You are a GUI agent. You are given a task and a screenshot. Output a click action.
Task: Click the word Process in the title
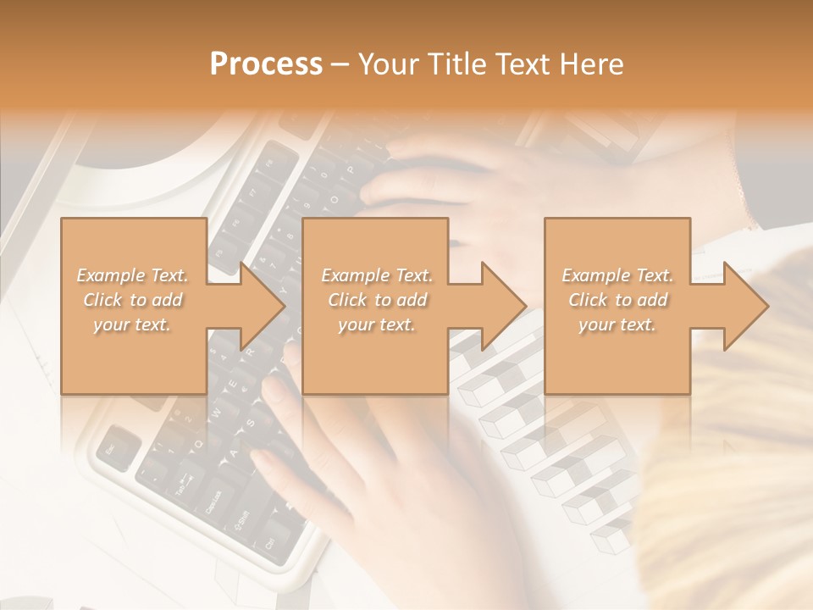tap(266, 64)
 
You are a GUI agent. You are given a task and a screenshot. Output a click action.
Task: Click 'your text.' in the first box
tap(132, 324)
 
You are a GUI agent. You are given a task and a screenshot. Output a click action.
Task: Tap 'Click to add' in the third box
tap(617, 300)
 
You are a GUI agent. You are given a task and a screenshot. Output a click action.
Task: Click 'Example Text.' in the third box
tap(617, 275)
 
